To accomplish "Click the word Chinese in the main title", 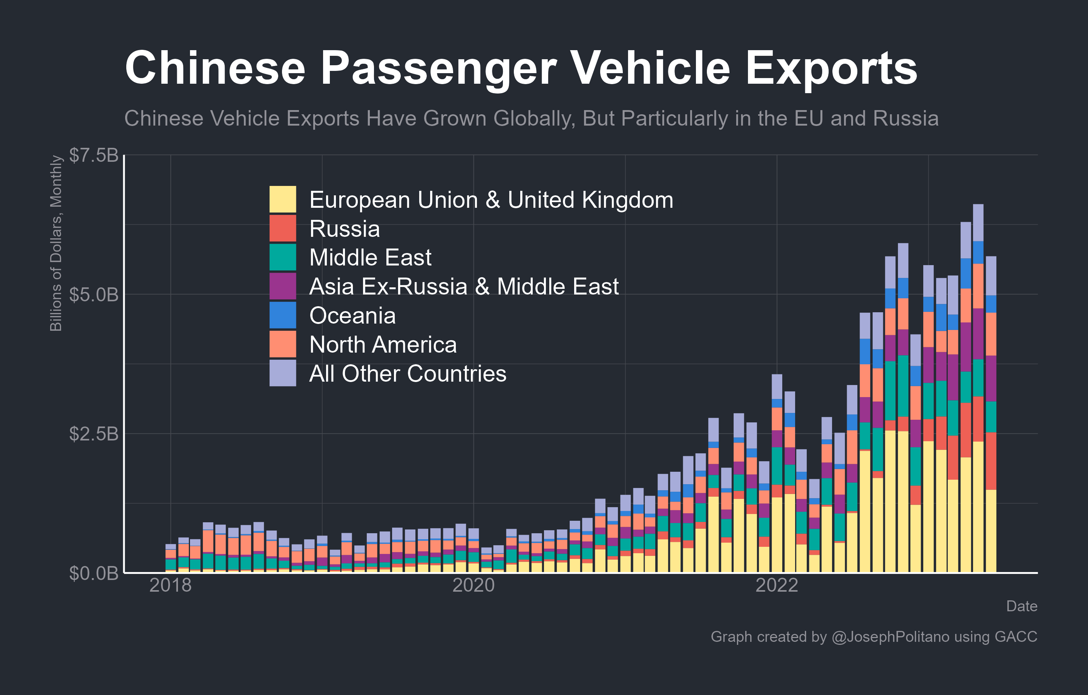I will [215, 68].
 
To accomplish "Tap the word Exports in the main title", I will [831, 68].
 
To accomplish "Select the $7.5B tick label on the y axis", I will [93, 155].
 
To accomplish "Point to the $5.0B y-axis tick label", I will [93, 295].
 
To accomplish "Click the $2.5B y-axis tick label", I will [93, 434].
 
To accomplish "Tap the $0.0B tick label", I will [93, 573].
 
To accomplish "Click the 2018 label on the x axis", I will [170, 585].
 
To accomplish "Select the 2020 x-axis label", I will [474, 585].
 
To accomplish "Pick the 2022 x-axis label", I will [777, 585].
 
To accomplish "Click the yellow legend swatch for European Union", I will [283, 199].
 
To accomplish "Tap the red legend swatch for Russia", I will [283, 228].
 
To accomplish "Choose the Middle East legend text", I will [370, 258].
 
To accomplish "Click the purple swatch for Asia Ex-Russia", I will [283, 286].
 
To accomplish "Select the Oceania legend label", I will [352, 315].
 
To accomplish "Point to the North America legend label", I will [383, 344].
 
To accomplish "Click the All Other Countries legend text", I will [408, 374].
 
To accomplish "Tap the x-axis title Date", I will [1022, 606].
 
